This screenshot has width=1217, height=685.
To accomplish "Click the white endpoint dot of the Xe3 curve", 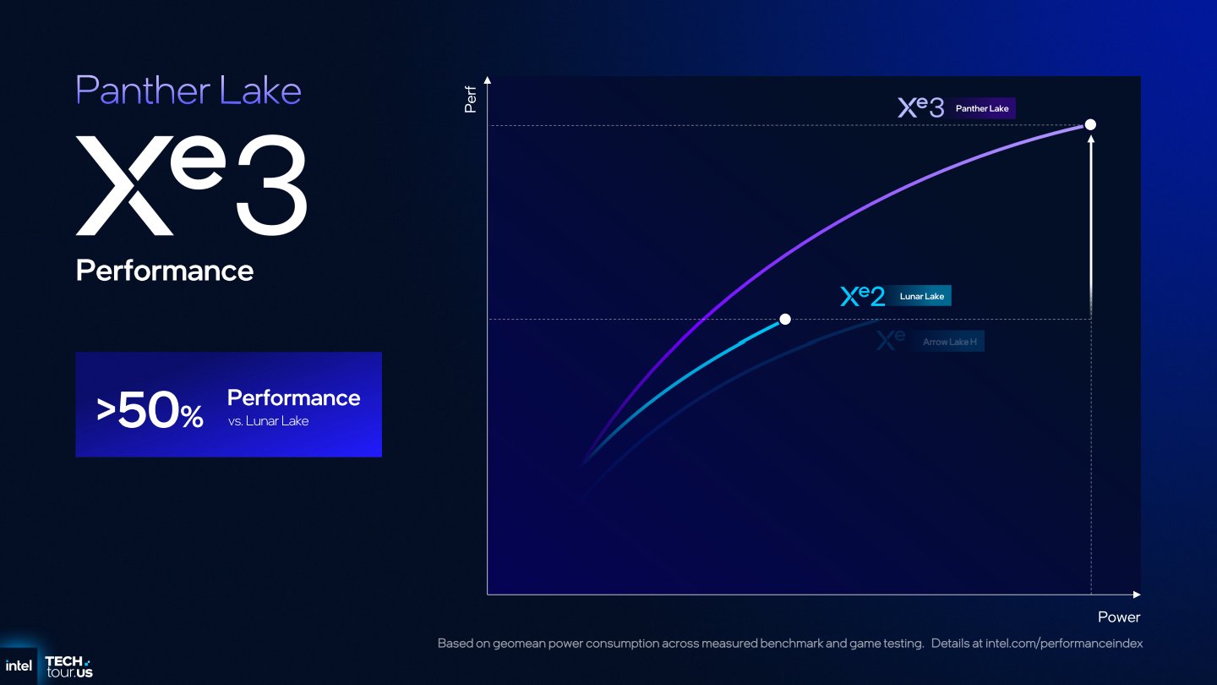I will (1090, 124).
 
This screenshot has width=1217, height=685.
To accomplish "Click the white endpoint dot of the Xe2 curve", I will (785, 319).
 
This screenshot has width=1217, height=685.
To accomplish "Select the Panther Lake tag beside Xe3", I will (982, 108).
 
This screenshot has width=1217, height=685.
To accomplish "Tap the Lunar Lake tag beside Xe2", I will (921, 296).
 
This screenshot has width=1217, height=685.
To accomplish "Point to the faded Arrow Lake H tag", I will (947, 342).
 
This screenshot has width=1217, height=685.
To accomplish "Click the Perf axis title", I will (471, 99).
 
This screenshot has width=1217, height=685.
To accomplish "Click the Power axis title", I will (1119, 617).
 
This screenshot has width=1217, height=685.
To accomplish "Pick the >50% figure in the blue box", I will (150, 411).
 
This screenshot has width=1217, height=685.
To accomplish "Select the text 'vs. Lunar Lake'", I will (268, 421).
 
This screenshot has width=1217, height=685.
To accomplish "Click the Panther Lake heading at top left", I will (188, 90).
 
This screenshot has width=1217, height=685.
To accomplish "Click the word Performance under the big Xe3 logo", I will (165, 271).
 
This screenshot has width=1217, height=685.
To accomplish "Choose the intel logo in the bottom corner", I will (19, 666).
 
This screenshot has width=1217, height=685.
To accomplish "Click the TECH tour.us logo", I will (68, 666).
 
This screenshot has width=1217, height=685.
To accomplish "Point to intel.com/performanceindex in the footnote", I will (1063, 644).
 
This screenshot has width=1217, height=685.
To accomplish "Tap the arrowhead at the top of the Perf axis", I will (488, 81).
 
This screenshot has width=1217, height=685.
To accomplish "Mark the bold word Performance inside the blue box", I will (293, 398).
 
